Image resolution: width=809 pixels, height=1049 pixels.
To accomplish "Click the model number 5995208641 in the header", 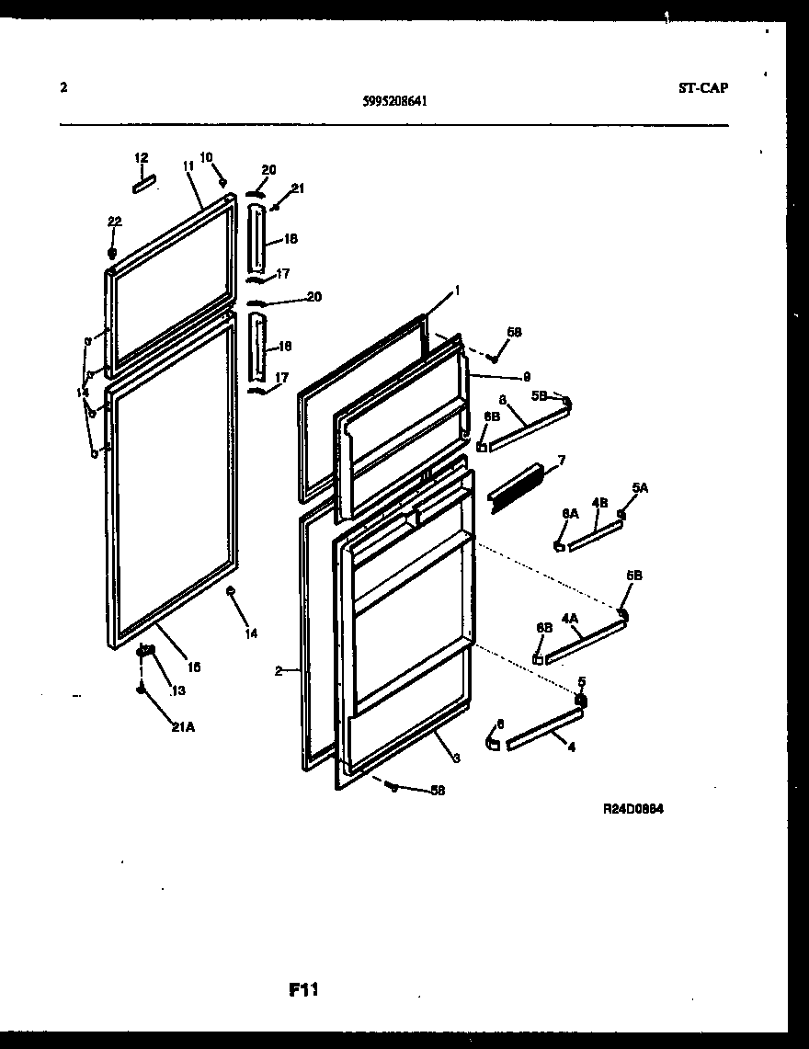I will coord(394,103).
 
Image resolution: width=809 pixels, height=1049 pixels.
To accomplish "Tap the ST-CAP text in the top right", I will coord(703,88).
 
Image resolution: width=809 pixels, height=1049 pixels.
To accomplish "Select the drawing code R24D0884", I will coord(633,809).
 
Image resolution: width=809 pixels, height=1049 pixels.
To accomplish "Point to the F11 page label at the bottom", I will coord(303,990).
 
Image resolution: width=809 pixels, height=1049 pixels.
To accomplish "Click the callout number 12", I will coord(141,159).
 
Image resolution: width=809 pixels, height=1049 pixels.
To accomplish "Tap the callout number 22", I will coord(114,222).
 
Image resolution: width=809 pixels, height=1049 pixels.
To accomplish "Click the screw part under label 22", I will coord(112,252).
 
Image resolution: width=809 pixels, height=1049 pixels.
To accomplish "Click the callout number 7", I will coord(561,460).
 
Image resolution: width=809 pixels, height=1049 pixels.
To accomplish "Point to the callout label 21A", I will coord(182,727).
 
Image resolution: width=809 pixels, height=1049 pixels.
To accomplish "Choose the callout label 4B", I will coord(599,502).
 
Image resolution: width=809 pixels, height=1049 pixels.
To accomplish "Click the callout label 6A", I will coord(570,514).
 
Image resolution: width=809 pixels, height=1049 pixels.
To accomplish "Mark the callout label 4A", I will coord(570,620).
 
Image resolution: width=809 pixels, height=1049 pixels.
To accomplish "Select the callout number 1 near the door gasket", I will coord(456,289).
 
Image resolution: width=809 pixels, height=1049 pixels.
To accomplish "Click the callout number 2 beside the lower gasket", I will coord(278,671).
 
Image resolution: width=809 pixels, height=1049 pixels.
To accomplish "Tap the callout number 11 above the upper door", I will coord(188,165).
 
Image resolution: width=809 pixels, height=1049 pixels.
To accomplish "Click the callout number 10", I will coord(206,157).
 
